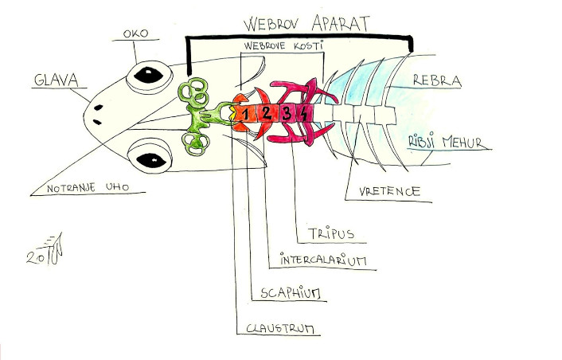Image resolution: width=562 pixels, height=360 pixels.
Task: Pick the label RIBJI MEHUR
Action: [439, 142]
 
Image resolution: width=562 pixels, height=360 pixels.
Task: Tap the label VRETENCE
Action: [384, 191]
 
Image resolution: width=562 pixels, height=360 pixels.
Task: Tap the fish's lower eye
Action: [149, 156]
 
